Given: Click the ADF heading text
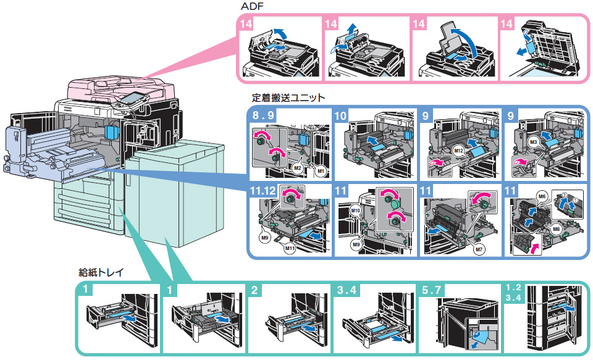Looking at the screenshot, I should tap(254, 7).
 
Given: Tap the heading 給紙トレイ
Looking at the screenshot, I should tap(100, 272).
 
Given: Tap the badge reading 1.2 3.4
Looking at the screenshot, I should tap(515, 293).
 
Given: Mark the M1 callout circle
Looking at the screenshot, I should tap(319, 170).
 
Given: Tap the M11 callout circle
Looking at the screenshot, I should tap(289, 248).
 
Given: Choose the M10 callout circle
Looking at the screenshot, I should tap(355, 211).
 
